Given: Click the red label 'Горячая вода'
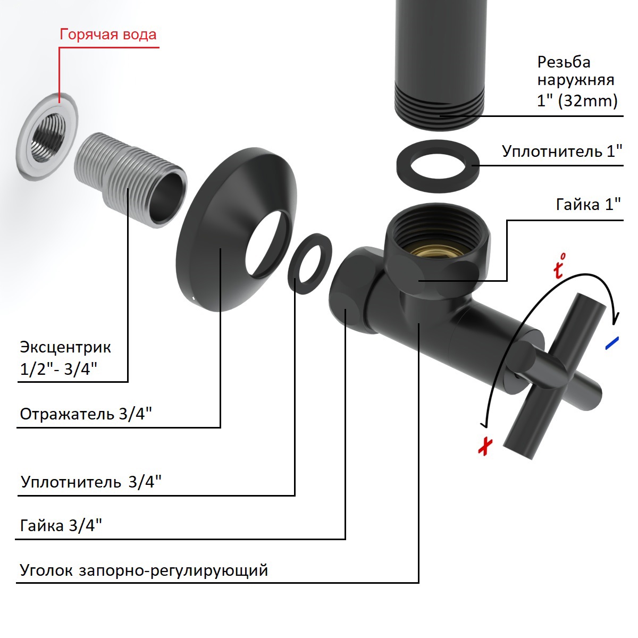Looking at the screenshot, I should tap(108, 35).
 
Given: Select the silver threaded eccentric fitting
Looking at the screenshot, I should tap(130, 178).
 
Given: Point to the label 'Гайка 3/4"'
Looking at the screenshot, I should tap(61, 525).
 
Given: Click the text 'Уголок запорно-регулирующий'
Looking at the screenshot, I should tap(144, 570).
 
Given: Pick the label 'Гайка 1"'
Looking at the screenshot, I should tap(589, 204).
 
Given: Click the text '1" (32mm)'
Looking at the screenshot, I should tap(577, 100).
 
